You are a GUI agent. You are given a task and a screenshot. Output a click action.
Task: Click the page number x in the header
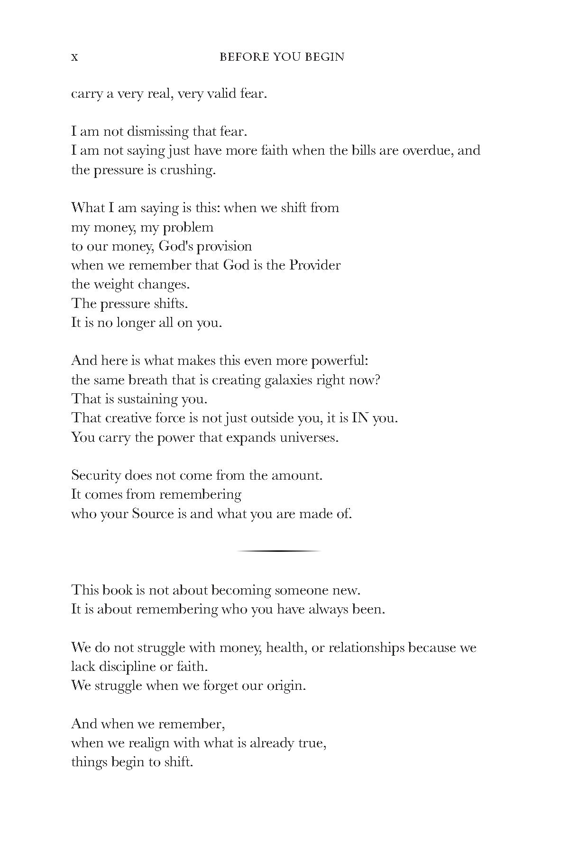[74, 57]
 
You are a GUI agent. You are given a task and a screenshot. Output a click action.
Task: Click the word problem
[188, 228]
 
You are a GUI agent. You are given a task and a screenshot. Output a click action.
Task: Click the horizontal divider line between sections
[279, 551]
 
